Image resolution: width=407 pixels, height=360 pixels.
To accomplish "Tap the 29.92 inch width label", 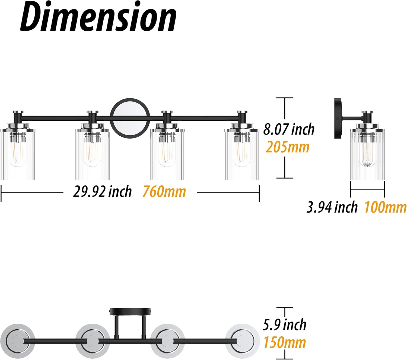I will pyautogui.click(x=102, y=192).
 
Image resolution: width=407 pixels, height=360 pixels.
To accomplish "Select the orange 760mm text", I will pyautogui.click(x=164, y=192).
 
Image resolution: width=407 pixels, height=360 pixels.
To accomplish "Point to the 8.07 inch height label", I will pyautogui.click(x=289, y=129).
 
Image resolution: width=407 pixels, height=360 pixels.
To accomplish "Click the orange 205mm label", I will pyautogui.click(x=287, y=147).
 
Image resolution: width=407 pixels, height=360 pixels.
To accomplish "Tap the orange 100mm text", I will pyautogui.click(x=385, y=207).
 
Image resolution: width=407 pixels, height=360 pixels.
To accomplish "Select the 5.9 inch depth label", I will pyautogui.click(x=284, y=325).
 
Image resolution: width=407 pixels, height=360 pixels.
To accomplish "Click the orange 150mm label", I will pyautogui.click(x=285, y=342).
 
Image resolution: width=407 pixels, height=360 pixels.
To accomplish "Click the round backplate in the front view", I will pyautogui.click(x=130, y=118).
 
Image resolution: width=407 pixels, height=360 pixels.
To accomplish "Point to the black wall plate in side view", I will pyautogui.click(x=338, y=118).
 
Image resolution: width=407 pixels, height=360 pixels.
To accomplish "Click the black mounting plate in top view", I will pyautogui.click(x=130, y=311).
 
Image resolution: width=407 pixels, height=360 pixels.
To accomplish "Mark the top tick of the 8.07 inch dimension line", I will pyautogui.click(x=284, y=98).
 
